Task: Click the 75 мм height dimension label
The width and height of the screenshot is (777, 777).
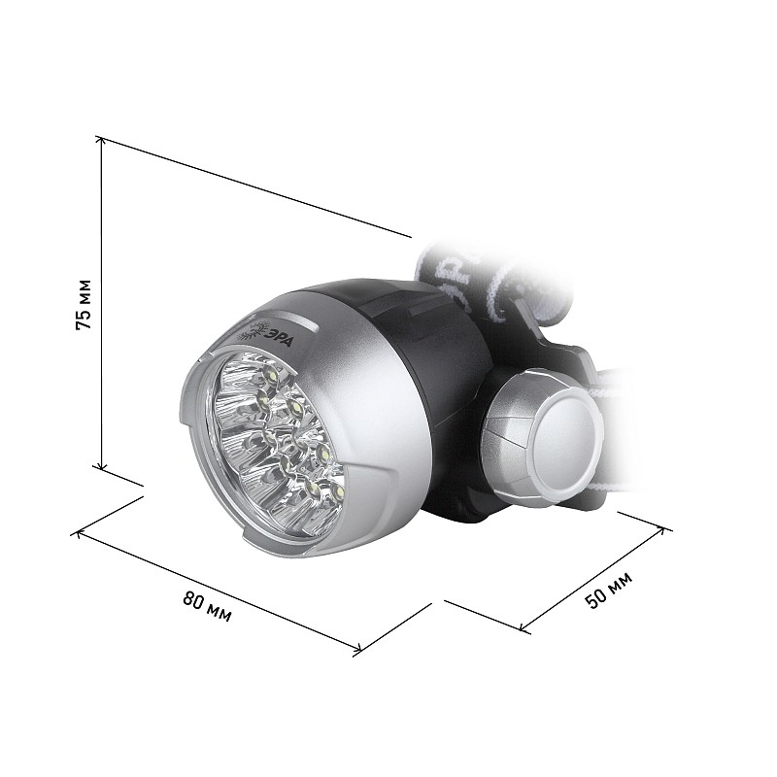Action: (x=84, y=304)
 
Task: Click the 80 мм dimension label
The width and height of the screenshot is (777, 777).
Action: (x=207, y=605)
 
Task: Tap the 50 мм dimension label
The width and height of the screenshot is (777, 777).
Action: (x=609, y=590)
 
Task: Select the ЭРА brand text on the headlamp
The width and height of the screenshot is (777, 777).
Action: (x=282, y=338)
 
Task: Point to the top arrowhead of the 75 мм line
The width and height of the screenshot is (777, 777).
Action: (x=101, y=141)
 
